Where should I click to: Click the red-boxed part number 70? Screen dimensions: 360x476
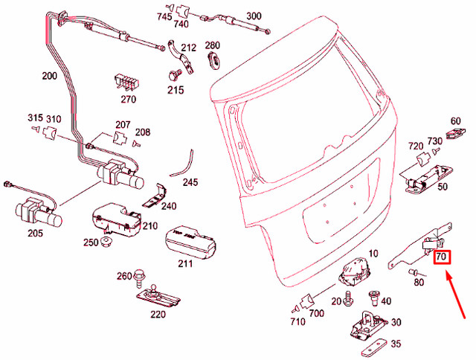pos(441,258)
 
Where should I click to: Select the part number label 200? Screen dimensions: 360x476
pos(50,75)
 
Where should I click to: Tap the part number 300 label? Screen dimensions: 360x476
pos(254,16)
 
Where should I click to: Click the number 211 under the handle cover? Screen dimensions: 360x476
pos(185,263)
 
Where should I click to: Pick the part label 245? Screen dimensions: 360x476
pos(190,181)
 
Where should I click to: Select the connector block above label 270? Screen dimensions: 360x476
pos(127,80)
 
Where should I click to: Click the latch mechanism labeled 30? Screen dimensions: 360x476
pos(367,324)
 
